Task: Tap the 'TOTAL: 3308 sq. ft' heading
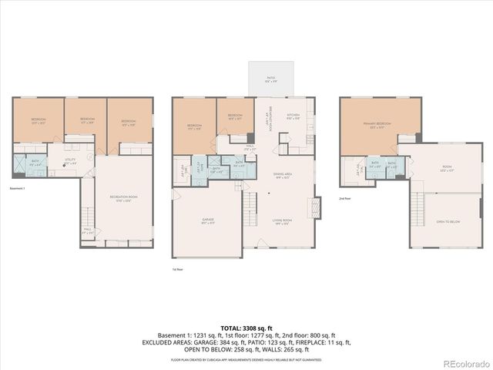[246, 328]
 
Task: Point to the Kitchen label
[293, 118]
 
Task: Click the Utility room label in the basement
[71, 163]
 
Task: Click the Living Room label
[282, 221]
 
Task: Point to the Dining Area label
[282, 176]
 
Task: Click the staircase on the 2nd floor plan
[418, 208]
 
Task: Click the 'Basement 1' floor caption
[18, 187]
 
